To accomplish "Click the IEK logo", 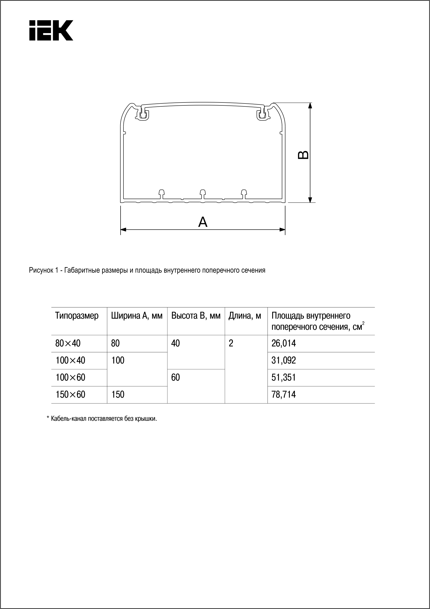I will (51, 30).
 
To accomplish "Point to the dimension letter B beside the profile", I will (303, 155).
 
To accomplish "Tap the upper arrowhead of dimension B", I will (310, 106).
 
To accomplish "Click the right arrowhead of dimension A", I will (282, 229).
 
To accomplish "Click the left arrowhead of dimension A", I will (123, 229).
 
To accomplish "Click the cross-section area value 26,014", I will (283, 343).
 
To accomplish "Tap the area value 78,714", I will (283, 395).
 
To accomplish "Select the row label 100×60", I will (70, 378).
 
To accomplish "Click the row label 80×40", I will (68, 343).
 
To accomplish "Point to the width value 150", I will (118, 395).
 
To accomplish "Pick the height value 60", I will (175, 378).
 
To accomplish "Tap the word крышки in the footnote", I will (148, 419).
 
